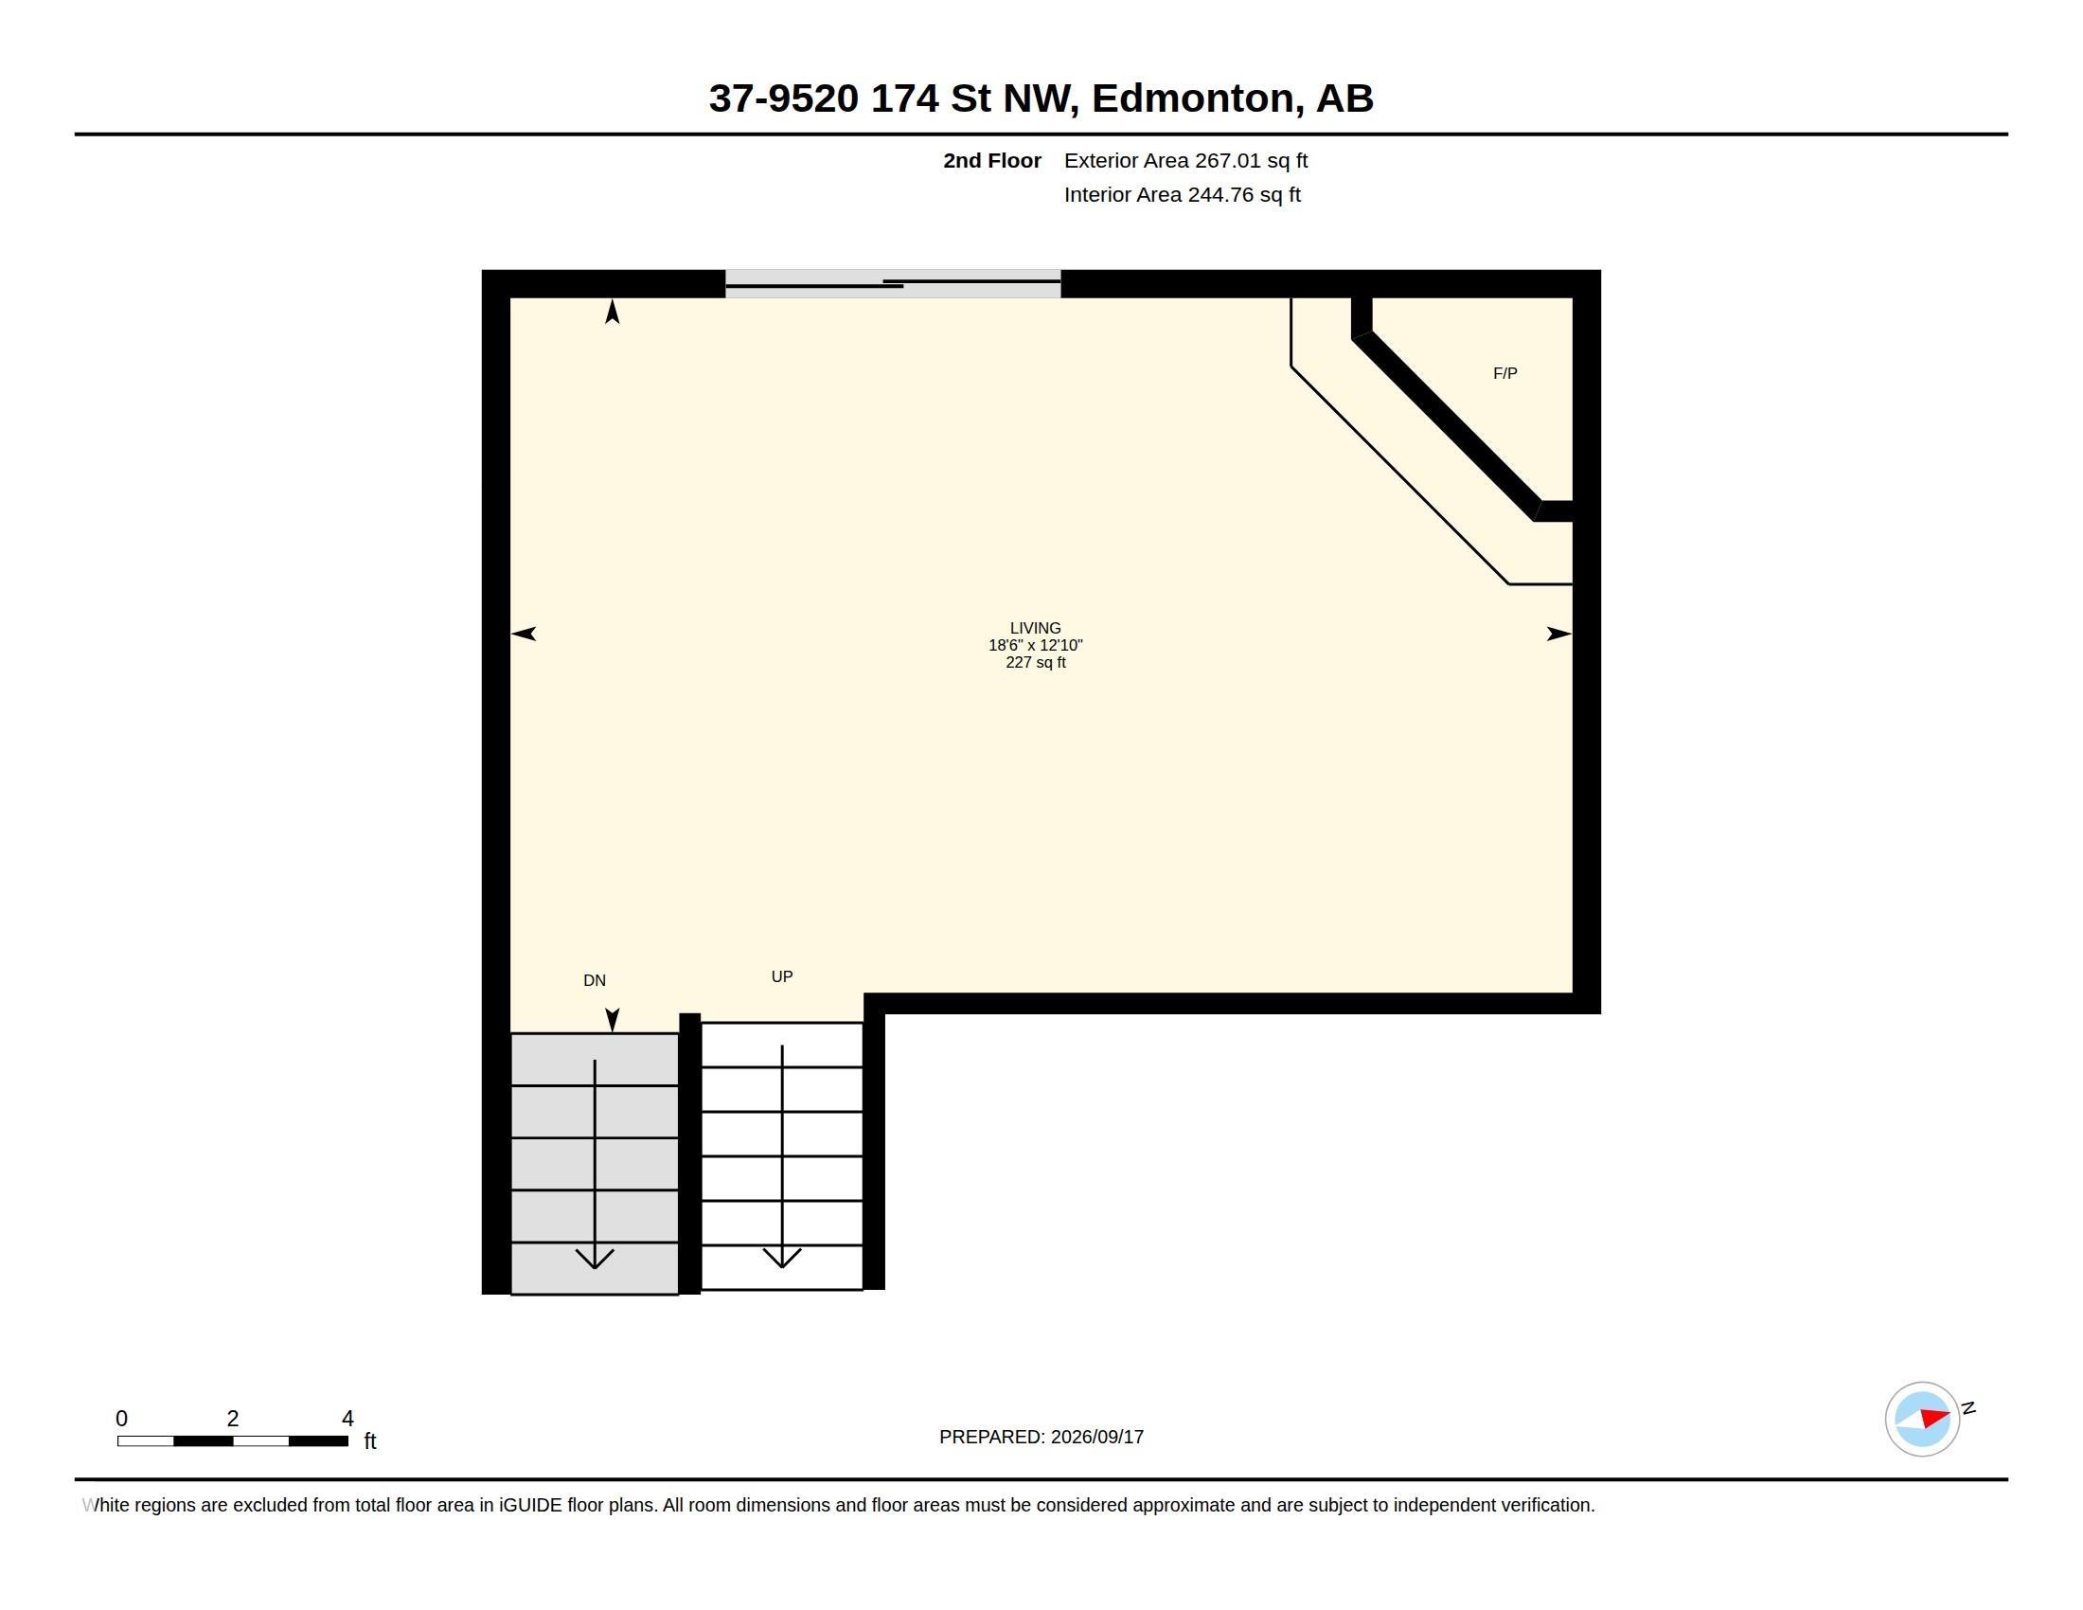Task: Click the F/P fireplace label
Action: pos(1504,373)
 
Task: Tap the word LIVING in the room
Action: pos(1035,628)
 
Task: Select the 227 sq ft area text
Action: pos(1035,662)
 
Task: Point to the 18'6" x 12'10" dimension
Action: pos(1035,645)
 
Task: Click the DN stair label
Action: pos(595,980)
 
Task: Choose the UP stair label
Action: pos(781,976)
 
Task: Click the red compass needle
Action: pos(1934,1417)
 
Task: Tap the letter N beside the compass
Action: pos(1967,1407)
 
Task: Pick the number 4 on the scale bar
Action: pos(347,1419)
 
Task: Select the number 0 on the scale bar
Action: pos(121,1419)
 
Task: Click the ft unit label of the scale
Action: pos(370,1441)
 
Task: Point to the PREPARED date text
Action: pos(1041,1437)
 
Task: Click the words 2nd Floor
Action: pos(992,160)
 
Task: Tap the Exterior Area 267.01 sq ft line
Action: pos(1185,160)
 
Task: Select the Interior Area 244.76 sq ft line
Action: pos(1182,194)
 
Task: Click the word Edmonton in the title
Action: pos(1192,98)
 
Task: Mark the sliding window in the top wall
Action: pos(893,283)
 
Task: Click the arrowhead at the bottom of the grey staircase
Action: pos(595,1259)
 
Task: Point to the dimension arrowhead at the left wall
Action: pos(524,634)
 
